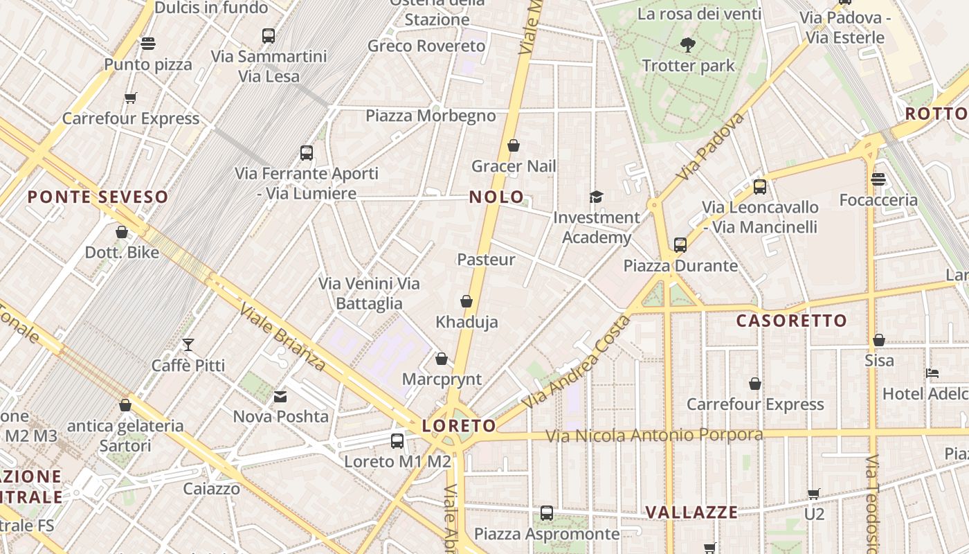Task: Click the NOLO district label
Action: pos(496,197)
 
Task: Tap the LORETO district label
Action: pos(459,425)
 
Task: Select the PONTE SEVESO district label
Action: pos(98,197)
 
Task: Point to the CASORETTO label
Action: pos(791,321)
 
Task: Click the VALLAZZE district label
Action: pos(691,512)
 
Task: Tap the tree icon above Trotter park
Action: pos(687,45)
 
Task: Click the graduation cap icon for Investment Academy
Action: pos(596,197)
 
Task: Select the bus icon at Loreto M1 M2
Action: pos(397,441)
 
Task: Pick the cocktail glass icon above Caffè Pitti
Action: pos(188,344)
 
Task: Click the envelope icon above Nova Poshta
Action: pos(280,397)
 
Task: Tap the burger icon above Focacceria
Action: pos(878,179)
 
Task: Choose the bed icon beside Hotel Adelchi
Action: pos(932,373)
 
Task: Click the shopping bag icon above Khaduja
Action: pos(467,301)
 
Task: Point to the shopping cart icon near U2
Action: pos(814,494)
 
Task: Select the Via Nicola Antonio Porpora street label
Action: pos(654,436)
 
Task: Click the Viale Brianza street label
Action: pos(282,337)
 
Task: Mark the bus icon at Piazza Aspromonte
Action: pos(547,513)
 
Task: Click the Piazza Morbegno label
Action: pos(431,116)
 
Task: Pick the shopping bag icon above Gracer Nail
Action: pos(514,145)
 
